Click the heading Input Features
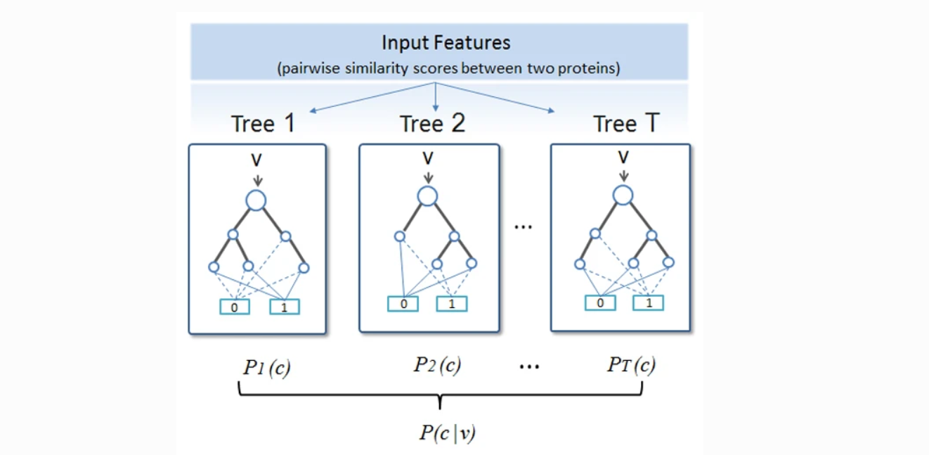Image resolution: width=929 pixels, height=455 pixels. click(446, 42)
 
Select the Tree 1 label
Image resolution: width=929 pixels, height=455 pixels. click(263, 124)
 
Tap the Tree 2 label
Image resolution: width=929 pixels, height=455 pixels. click(432, 124)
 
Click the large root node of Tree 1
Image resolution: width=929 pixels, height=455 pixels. click(256, 200)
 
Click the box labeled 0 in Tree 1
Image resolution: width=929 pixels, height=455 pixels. click(235, 307)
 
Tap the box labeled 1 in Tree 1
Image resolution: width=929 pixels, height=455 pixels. click(285, 307)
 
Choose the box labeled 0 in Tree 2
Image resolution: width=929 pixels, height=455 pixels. click(403, 304)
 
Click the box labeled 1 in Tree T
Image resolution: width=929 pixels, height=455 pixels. click(649, 302)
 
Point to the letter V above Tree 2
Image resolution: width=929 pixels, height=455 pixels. click(428, 155)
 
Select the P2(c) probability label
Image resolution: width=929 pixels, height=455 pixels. click(436, 366)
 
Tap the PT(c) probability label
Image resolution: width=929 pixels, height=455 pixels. click(631, 366)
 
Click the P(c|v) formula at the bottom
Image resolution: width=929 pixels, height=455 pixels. click(447, 433)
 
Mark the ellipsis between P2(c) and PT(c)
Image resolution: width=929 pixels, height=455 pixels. click(528, 366)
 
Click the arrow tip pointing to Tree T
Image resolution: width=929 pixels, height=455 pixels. click(552, 110)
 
